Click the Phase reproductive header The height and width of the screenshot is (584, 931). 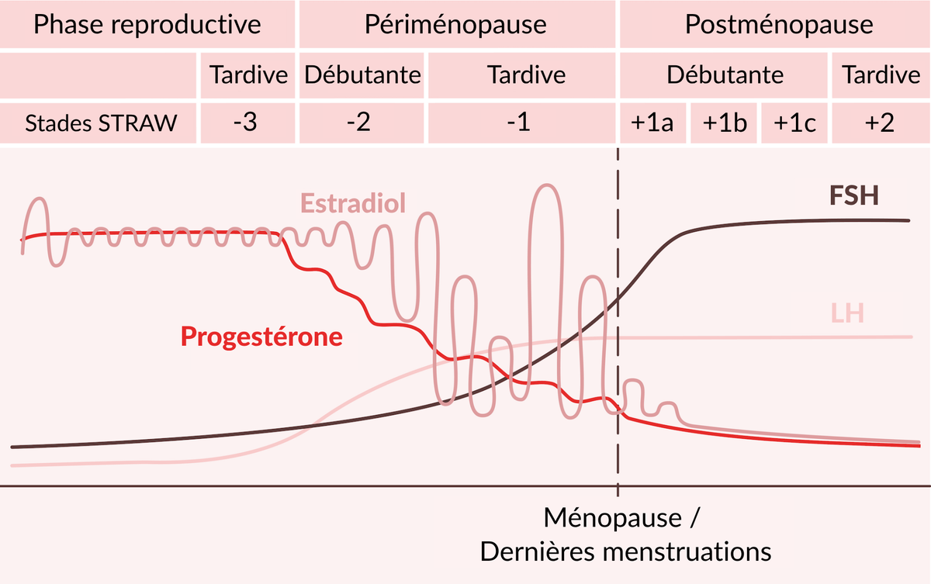pos(147,24)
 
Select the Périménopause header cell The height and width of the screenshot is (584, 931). pos(457,24)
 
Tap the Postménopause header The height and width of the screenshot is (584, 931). pos(775,24)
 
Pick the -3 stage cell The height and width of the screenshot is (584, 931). pos(247,123)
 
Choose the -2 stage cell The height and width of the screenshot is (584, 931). pos(362,123)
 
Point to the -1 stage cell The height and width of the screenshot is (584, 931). pos(521,123)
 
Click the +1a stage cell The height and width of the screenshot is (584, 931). pos(653,123)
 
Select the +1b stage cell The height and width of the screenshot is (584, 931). pos(724,123)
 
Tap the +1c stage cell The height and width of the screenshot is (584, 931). pos(794,123)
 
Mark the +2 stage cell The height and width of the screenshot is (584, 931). pos(881,123)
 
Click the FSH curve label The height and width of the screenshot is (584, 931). pos(854,195)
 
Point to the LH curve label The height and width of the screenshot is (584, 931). pos(847,313)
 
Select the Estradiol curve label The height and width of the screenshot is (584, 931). pos(353,203)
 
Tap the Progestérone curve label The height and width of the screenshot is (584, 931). pos(261,337)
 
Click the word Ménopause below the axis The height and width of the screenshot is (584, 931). pos(613,518)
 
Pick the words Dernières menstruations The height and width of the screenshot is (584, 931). pos(625,552)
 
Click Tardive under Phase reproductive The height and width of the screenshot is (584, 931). pos(248,74)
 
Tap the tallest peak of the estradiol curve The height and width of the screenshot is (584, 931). pos(546,185)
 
